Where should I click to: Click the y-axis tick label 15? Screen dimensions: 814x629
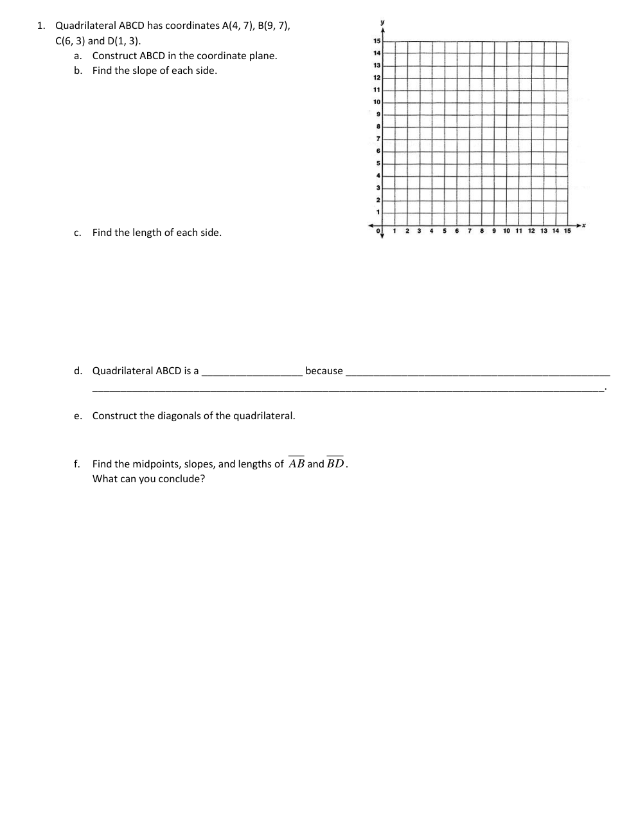[377, 41]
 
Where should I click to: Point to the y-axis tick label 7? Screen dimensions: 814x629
[378, 139]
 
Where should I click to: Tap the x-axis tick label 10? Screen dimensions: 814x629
[507, 231]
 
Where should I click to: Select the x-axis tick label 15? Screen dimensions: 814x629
[567, 231]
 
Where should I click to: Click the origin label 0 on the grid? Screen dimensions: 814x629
[378, 231]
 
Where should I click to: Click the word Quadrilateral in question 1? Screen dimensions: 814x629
[85, 26]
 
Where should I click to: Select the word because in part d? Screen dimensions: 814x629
[324, 371]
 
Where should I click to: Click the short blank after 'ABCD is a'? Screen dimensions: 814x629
[252, 373]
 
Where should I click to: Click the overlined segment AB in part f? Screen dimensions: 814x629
[296, 464]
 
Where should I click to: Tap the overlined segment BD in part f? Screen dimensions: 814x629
[335, 464]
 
